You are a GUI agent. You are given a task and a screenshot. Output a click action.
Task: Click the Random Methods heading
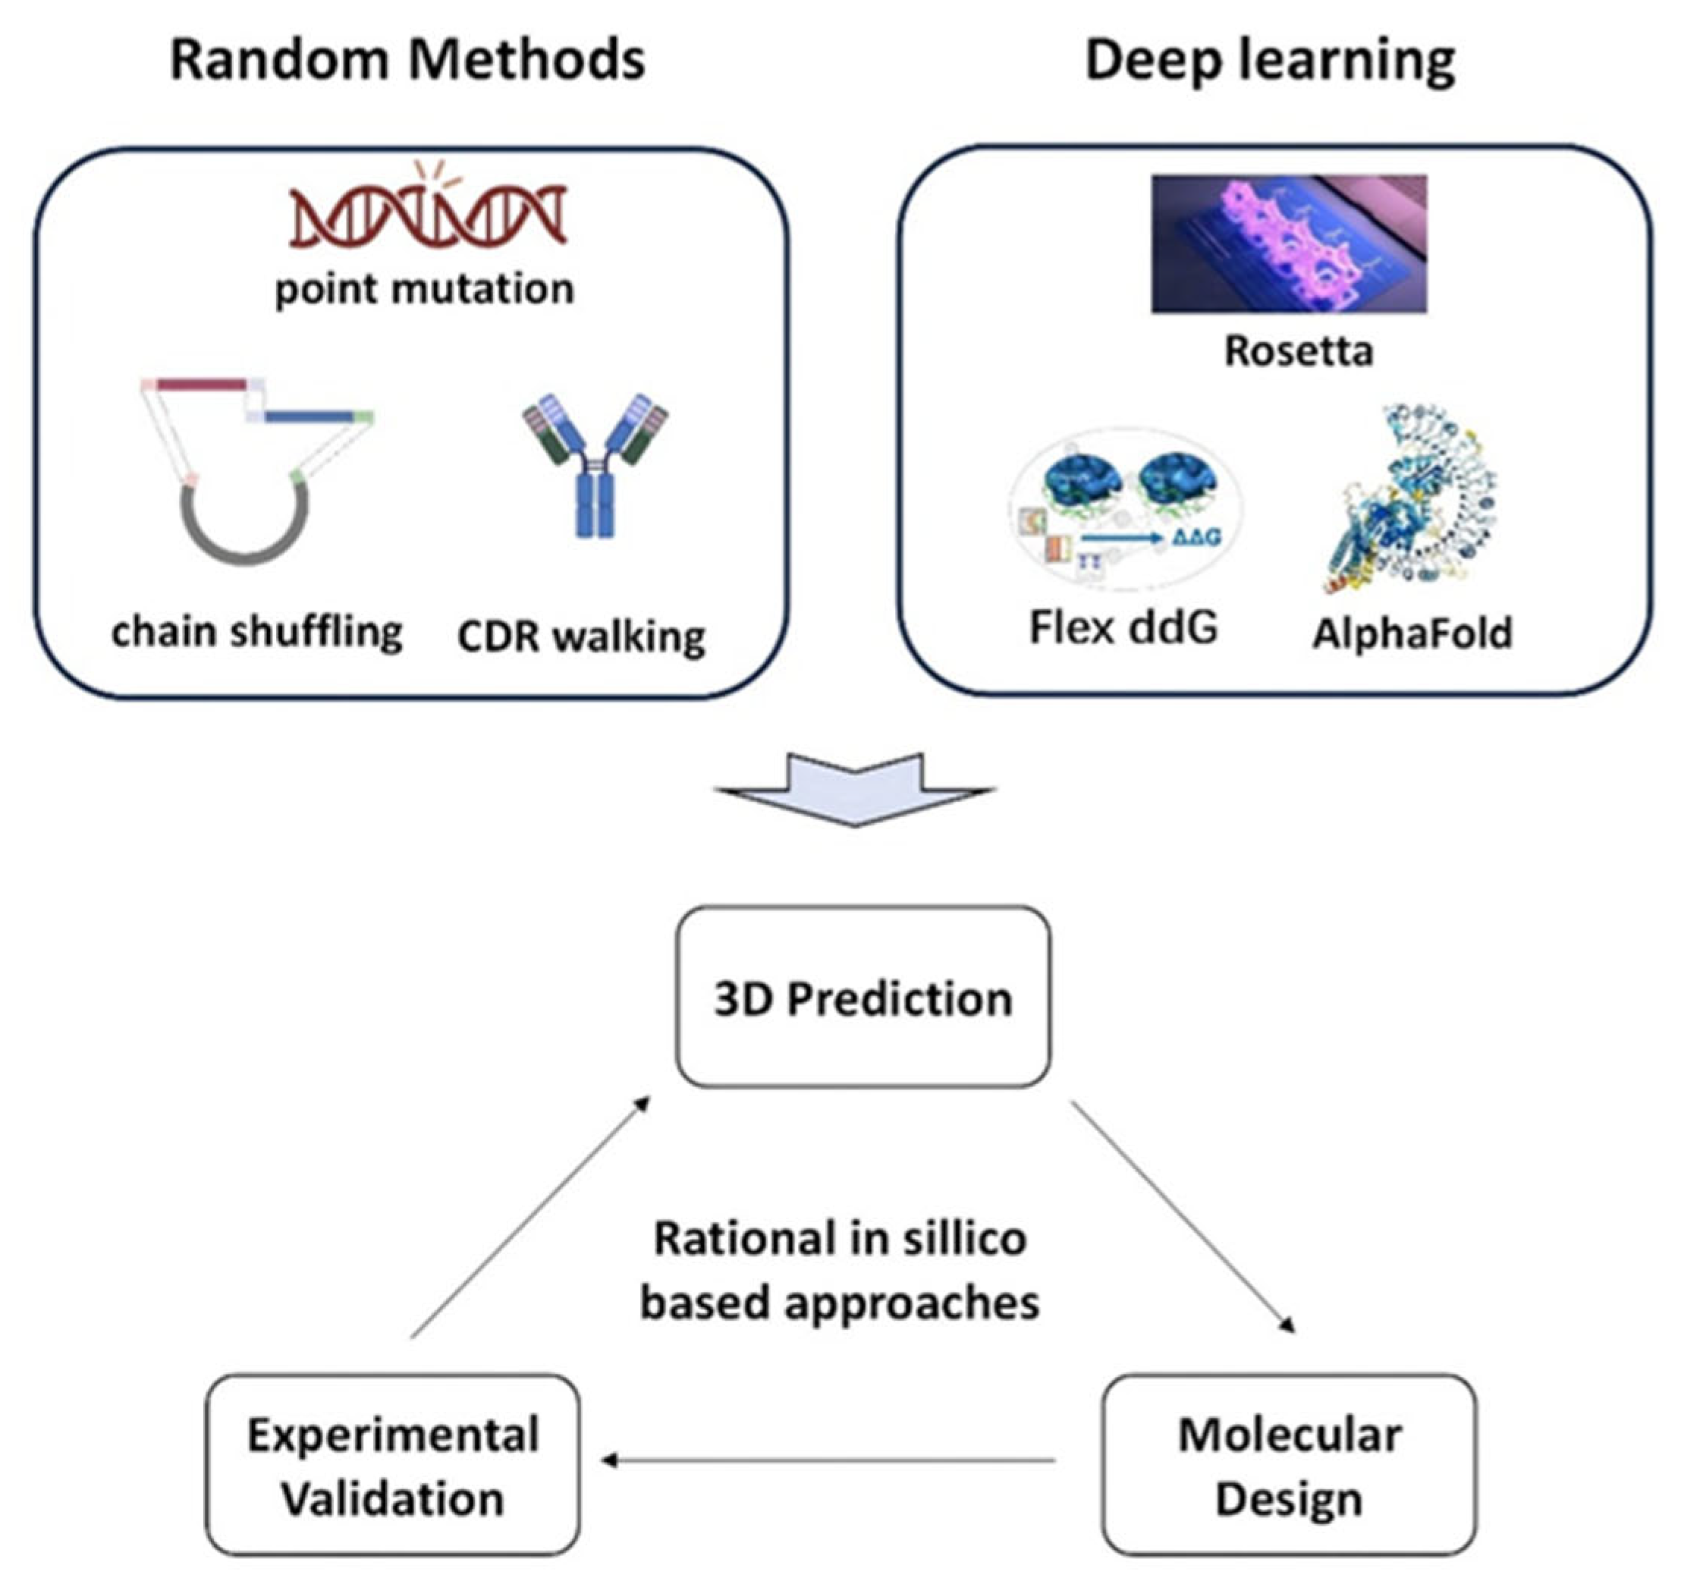[407, 60]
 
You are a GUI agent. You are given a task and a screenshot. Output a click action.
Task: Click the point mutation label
[424, 290]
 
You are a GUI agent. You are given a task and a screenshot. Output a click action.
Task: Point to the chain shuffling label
[256, 633]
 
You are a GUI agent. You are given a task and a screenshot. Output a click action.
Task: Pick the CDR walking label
[581, 637]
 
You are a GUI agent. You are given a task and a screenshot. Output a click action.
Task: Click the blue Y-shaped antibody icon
[595, 465]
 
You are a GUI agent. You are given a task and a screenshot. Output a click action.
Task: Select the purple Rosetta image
[1289, 244]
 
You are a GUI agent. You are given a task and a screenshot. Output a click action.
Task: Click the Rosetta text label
[1299, 350]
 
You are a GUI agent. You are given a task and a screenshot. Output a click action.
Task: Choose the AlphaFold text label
[1412, 633]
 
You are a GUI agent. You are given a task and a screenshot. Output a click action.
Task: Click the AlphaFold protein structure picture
[1410, 500]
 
